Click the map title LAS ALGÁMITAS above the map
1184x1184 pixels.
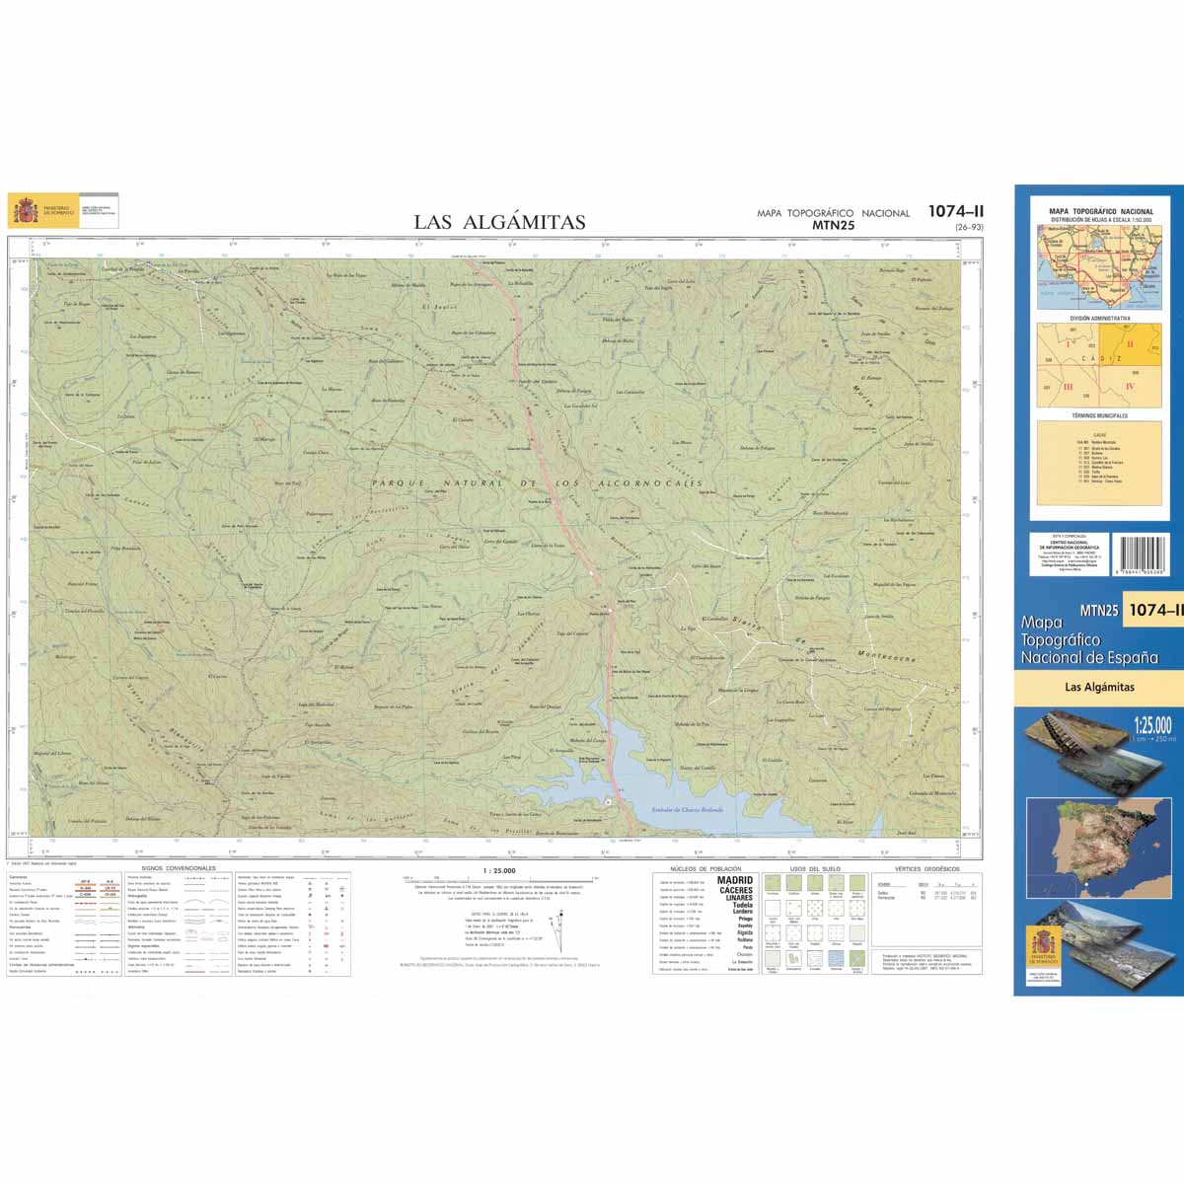[x=499, y=222]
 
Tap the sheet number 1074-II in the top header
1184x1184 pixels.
[x=955, y=211]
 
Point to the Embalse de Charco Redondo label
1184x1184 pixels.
[x=688, y=809]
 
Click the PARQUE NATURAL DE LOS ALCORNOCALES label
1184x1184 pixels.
[x=538, y=483]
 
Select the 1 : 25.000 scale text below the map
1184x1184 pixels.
[x=498, y=871]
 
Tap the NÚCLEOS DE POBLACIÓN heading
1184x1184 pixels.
[x=705, y=869]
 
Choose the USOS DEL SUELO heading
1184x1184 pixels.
[x=815, y=869]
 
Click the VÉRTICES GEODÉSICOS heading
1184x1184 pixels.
[x=927, y=869]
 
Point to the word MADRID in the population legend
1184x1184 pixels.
[x=735, y=880]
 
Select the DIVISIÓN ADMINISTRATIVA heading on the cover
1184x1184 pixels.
[x=1100, y=319]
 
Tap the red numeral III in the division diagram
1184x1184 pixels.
[x=1068, y=388]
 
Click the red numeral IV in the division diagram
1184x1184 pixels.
[x=1130, y=387]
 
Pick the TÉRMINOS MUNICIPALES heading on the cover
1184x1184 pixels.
[x=1099, y=416]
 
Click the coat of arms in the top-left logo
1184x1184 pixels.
[x=25, y=210]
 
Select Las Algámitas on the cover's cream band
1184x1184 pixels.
[x=1099, y=687]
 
